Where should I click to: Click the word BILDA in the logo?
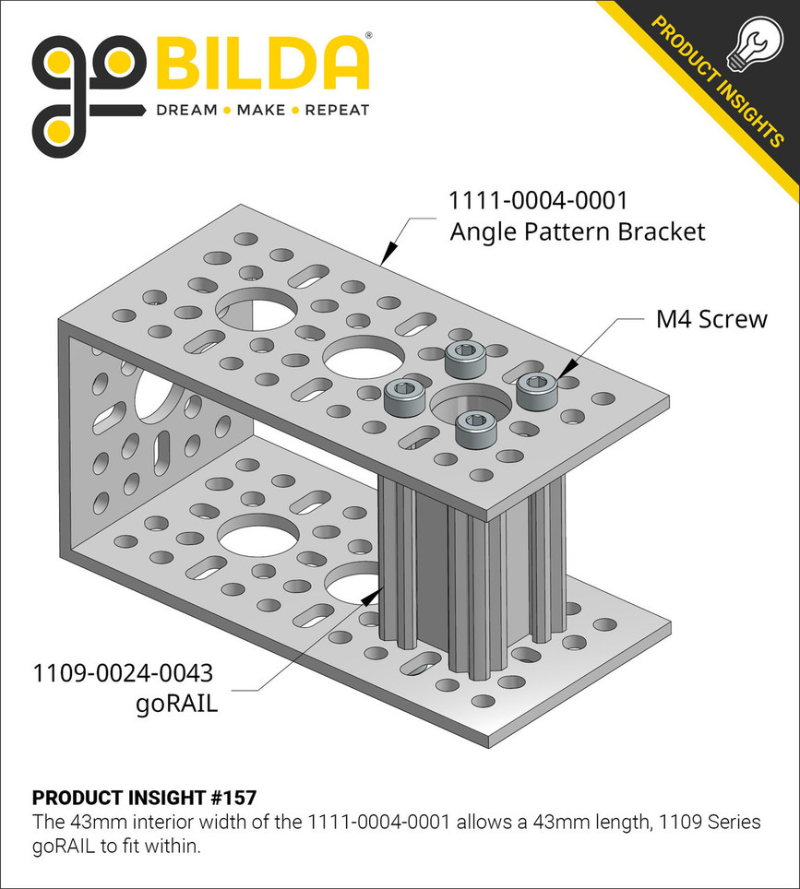click(x=262, y=65)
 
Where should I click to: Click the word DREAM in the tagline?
click(x=186, y=111)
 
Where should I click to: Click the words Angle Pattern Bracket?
click(x=577, y=231)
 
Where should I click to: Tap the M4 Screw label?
click(x=710, y=320)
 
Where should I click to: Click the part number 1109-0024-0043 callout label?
click(x=126, y=672)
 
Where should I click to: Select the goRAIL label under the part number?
click(x=176, y=705)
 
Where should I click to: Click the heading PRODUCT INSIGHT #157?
click(x=144, y=797)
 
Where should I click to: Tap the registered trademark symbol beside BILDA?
click(x=370, y=37)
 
